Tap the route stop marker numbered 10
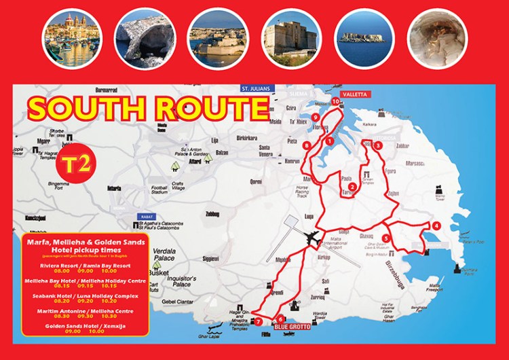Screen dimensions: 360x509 [336, 101]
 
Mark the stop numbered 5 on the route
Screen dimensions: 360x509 [385, 238]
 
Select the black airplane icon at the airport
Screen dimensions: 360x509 [314, 240]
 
